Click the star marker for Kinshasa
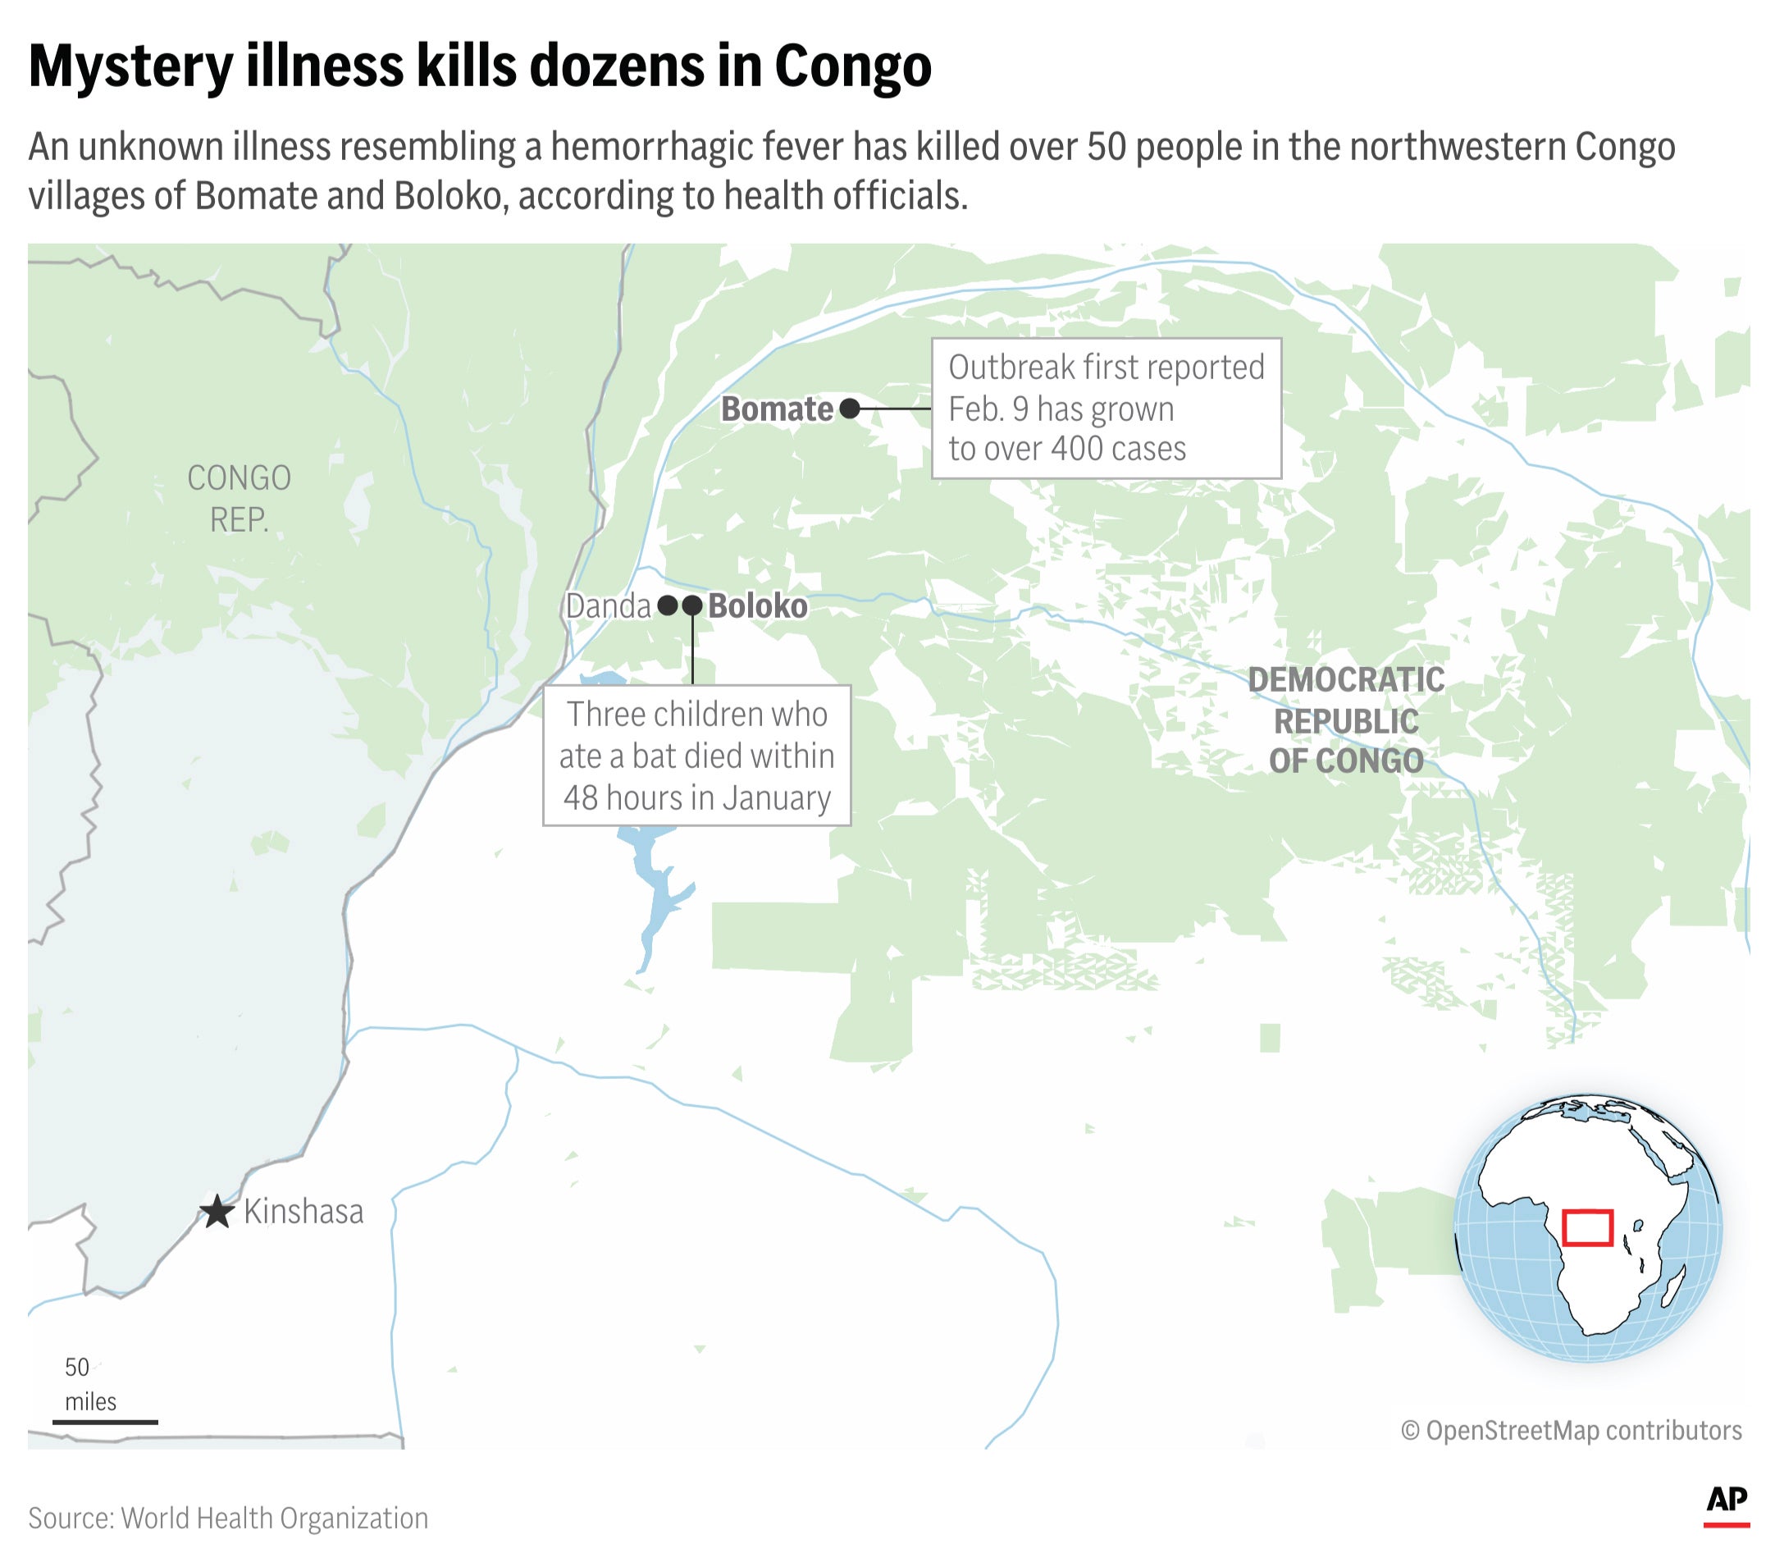click(x=217, y=1212)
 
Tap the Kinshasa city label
click(x=303, y=1212)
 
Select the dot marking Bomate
click(x=849, y=409)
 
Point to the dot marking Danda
click(x=667, y=605)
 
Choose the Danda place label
click(x=608, y=606)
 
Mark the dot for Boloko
click(x=692, y=605)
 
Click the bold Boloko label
click(x=757, y=606)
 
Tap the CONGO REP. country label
click(x=239, y=499)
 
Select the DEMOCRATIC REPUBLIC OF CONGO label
click(x=1346, y=720)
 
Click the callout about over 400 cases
click(x=1106, y=409)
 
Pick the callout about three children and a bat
click(x=696, y=756)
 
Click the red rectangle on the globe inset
click(x=1586, y=1227)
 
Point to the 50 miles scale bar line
click(x=105, y=1422)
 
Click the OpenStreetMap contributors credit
click(x=1571, y=1430)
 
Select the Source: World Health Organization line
click(x=228, y=1517)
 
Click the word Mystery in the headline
click(x=130, y=66)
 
